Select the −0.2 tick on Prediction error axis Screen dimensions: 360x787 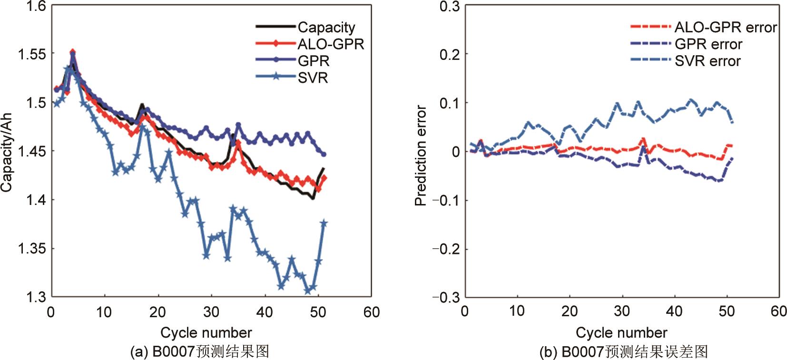(444, 249)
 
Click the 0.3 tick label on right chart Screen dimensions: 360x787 (449, 7)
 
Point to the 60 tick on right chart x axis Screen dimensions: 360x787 (778, 311)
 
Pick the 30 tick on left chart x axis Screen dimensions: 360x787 (211, 312)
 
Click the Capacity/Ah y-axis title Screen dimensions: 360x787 (6, 153)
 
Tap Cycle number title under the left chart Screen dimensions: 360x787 (206, 332)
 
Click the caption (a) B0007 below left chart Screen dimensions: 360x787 (200, 351)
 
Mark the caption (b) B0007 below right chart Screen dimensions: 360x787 (623, 352)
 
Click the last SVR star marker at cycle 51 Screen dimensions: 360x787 (325, 223)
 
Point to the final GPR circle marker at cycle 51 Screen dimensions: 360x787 (324, 154)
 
